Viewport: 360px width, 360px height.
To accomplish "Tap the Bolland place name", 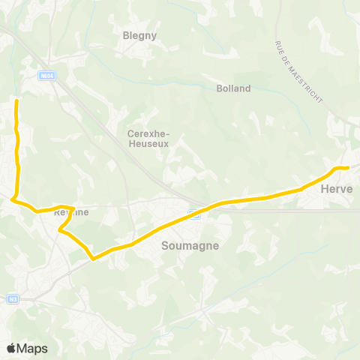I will point(233,88).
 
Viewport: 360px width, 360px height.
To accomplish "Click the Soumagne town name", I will point(184,244).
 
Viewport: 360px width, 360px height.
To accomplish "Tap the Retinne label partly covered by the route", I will point(71,212).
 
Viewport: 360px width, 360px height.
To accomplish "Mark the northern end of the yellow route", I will point(16,99).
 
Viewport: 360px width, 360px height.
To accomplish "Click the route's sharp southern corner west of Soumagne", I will point(93,259).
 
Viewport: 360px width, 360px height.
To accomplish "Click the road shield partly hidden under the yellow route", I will point(194,211).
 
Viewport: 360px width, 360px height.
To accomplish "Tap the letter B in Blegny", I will point(126,34).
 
